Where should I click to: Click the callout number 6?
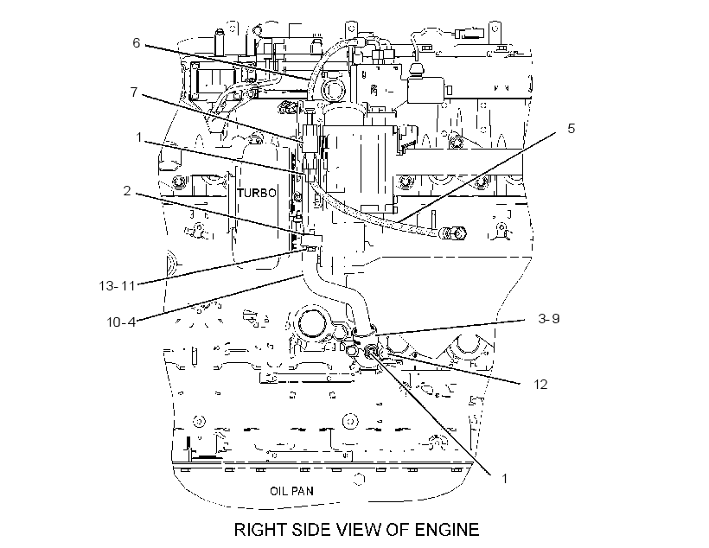coord(136,43)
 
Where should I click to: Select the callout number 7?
coord(134,92)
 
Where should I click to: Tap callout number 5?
coord(571,129)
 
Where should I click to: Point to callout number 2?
coord(127,191)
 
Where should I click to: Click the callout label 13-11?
coord(117,286)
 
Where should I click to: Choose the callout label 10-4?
coord(121,322)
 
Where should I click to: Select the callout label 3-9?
coord(549,319)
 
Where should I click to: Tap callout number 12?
coord(540,385)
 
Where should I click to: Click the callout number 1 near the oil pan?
coord(505,478)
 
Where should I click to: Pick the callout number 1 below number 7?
coord(139,137)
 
